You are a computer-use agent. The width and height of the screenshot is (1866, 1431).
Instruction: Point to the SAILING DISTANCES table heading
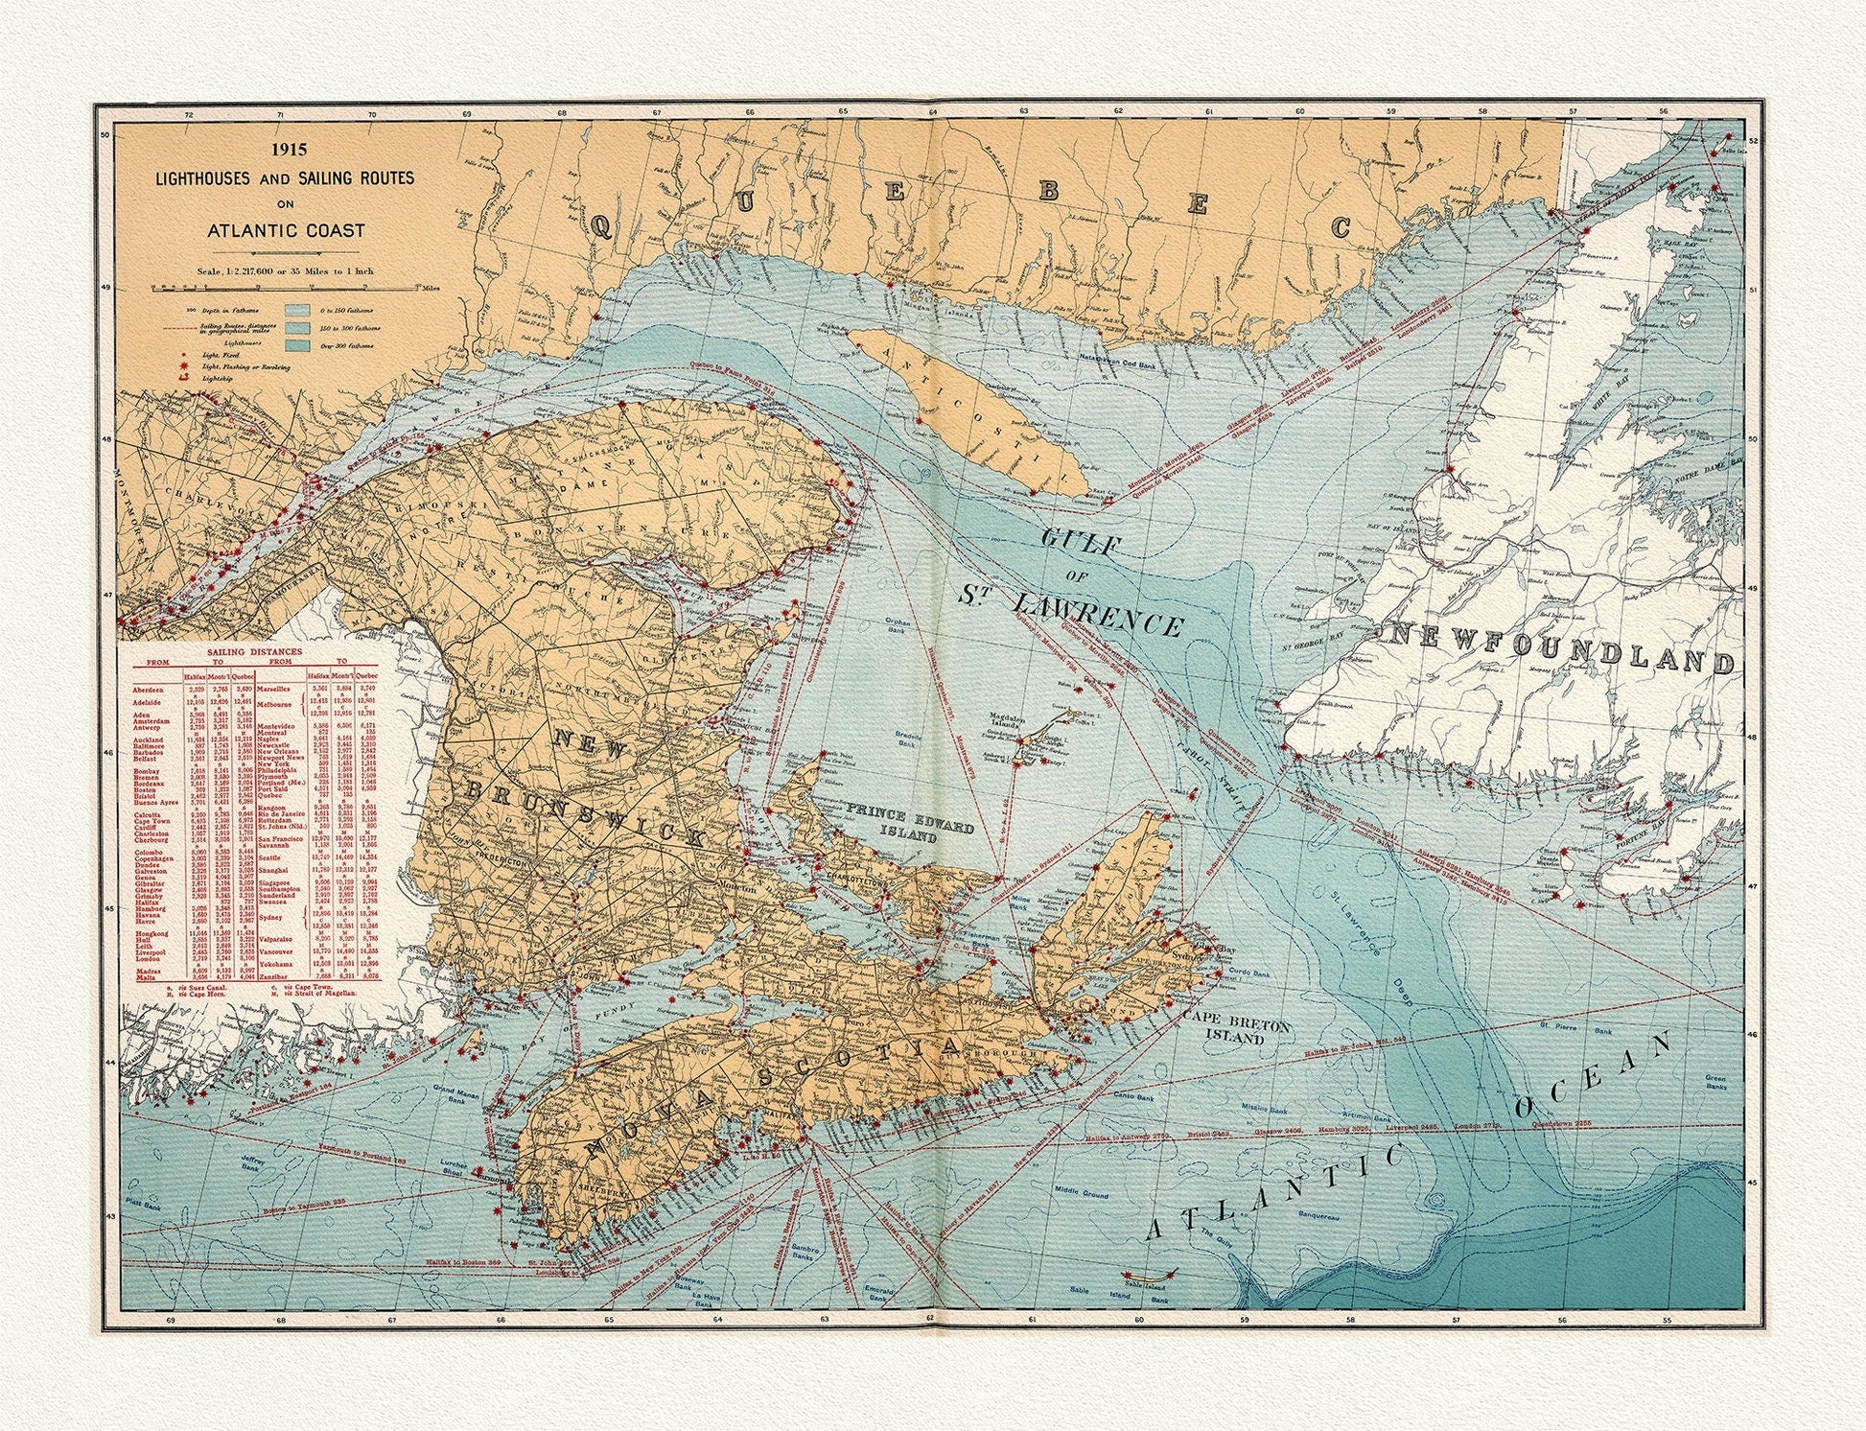coord(256,651)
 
